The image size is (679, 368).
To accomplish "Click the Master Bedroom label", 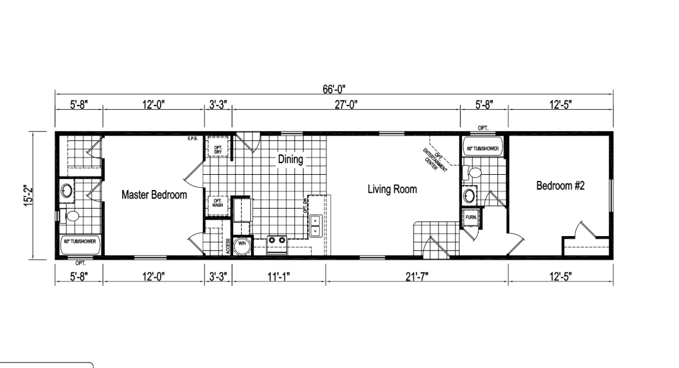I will coord(154,195).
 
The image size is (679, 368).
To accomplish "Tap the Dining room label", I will coord(290,159).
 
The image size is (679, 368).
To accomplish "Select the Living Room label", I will coord(392,190).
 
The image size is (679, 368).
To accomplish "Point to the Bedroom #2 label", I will coord(560,186).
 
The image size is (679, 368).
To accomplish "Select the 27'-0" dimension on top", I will coord(345,105).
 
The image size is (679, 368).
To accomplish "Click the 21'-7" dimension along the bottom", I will coord(416,277).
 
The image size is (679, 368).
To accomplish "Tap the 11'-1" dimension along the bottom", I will coord(278,277).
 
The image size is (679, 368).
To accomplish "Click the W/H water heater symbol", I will coord(242,243).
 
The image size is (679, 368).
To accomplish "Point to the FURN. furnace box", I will coord(471,218).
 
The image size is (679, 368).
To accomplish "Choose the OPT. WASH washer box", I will coord(218,204).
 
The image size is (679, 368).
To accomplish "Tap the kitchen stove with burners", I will coord(277,241).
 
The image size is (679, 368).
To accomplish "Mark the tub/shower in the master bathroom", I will coord(80,242).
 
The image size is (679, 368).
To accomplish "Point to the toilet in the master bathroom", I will coord(71,215).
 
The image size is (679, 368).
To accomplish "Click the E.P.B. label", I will coord(192,139).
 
